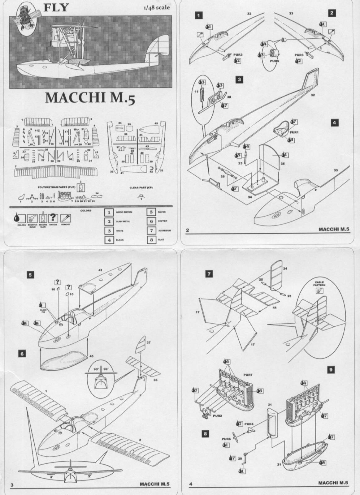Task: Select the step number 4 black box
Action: [334, 123]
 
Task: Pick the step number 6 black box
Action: [22, 353]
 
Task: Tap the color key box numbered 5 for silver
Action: [151, 212]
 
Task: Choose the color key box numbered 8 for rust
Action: [151, 240]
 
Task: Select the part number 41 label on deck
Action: [100, 270]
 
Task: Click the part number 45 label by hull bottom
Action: [91, 356]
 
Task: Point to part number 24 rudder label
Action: [285, 269]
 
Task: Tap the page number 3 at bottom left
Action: [12, 485]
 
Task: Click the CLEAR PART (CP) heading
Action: [141, 187]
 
